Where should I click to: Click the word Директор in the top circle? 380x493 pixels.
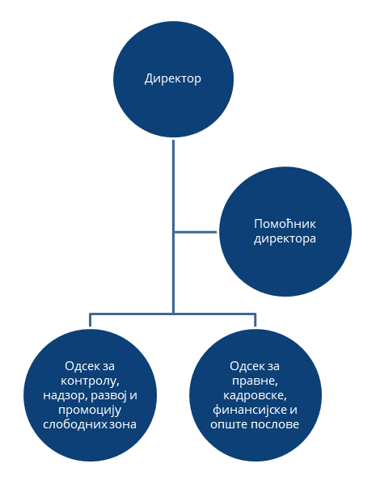(173, 78)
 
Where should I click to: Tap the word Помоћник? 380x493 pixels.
(285, 224)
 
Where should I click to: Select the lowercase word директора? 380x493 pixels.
(285, 238)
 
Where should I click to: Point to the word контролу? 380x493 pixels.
(90, 381)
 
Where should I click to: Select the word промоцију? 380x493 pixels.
(90, 411)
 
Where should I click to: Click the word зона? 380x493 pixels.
(123, 425)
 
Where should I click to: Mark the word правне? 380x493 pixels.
(255, 381)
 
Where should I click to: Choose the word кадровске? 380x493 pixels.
(255, 395)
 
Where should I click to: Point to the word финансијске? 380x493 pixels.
(250, 411)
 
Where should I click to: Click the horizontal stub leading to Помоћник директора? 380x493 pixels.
(196, 232)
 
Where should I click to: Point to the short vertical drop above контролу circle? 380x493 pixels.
(90, 320)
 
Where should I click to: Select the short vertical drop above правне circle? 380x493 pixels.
(255, 320)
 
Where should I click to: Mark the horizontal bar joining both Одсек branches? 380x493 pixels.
(173, 314)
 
